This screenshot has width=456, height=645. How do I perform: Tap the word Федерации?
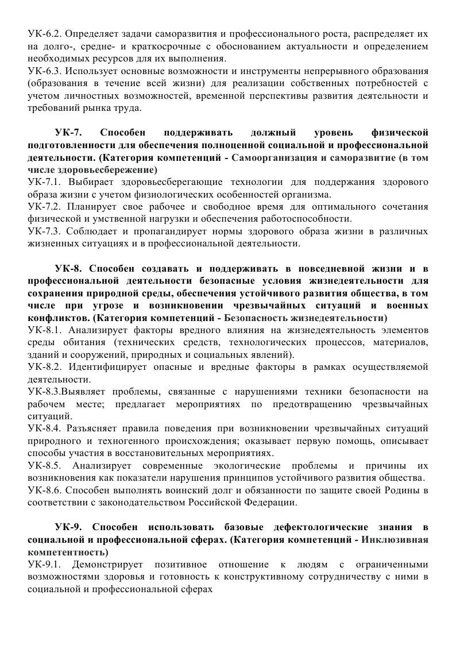pos(273,502)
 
